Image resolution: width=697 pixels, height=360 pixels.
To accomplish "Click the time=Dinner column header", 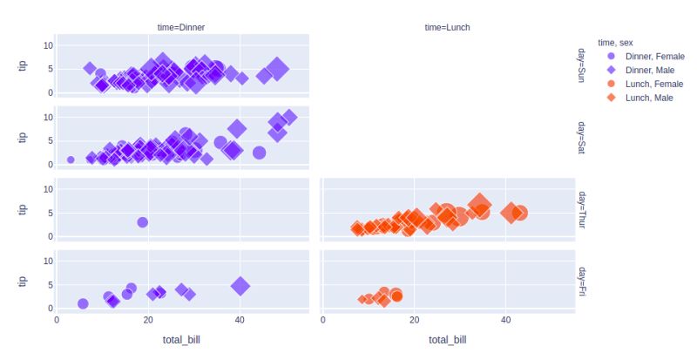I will (x=181, y=28).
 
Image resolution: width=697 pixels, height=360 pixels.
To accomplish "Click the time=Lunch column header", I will (x=447, y=28).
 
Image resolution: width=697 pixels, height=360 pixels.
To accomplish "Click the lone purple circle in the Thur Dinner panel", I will (x=143, y=222).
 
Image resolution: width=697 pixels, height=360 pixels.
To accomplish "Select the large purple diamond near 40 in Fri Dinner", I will (x=240, y=285).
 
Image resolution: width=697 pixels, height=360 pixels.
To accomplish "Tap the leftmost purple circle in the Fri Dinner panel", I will (x=83, y=304).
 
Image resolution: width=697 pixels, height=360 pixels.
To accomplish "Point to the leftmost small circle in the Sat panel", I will (x=71, y=160).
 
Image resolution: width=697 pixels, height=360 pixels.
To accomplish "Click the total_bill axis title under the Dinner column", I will (x=181, y=340).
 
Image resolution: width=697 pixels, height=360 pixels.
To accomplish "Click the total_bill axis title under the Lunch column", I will (x=447, y=340).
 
